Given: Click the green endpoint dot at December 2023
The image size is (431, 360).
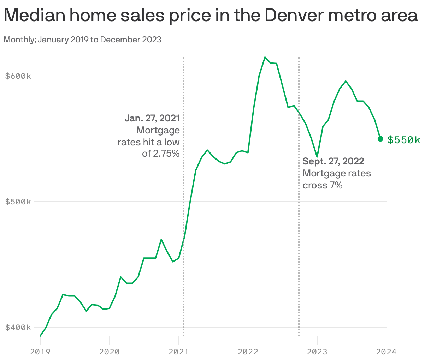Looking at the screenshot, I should pyautogui.click(x=380, y=139).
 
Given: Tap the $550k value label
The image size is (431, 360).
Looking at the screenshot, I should pyautogui.click(x=404, y=140).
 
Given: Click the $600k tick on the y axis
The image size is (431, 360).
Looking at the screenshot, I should pyautogui.click(x=18, y=76).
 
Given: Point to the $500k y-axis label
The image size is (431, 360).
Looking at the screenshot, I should pyautogui.click(x=18, y=202).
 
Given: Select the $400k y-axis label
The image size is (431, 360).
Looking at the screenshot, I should pyautogui.click(x=18, y=327).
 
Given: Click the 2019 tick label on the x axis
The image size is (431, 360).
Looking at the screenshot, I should pyautogui.click(x=40, y=352).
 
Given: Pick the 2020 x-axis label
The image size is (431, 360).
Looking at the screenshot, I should pyautogui.click(x=110, y=352).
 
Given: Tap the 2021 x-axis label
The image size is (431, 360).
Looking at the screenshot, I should pyautogui.click(x=179, y=352).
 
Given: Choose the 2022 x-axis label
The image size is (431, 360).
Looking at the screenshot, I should pyautogui.click(x=248, y=352).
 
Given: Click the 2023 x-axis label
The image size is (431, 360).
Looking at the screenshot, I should pyautogui.click(x=317, y=352).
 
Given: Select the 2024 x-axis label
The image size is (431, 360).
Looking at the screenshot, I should pyautogui.click(x=386, y=352).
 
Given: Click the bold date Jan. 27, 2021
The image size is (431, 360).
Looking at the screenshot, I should pyautogui.click(x=152, y=118).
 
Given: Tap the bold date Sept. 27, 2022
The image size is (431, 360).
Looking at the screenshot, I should pyautogui.click(x=333, y=161).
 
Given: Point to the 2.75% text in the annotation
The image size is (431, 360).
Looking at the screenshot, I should pyautogui.click(x=165, y=154).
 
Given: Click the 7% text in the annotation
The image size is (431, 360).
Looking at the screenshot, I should pyautogui.click(x=336, y=185).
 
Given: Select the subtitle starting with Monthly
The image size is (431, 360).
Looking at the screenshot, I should pyautogui.click(x=82, y=40).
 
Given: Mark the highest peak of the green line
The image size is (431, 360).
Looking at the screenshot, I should pyautogui.click(x=265, y=57).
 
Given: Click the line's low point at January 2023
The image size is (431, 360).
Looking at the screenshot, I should pyautogui.click(x=317, y=157).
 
